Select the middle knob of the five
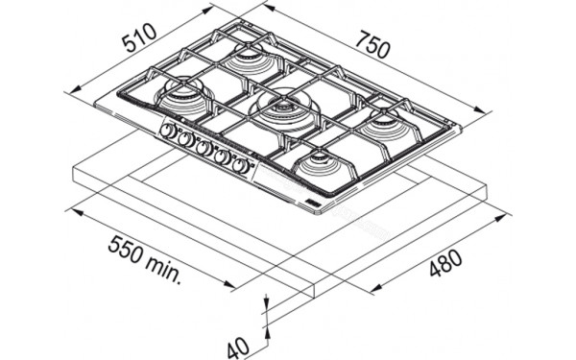click(x=204, y=148)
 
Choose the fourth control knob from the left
click(x=223, y=156)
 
